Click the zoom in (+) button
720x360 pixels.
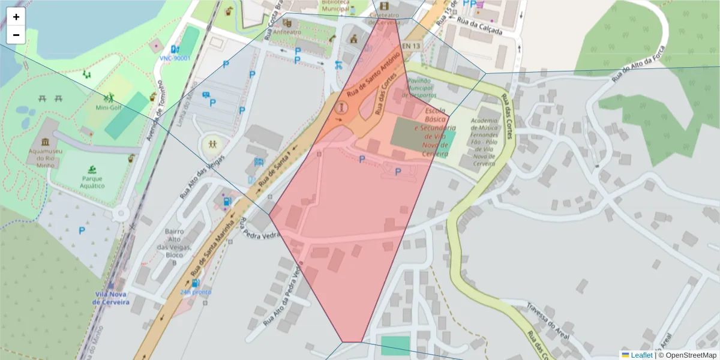point(16,17)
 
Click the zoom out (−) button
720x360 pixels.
point(16,35)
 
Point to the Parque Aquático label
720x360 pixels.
point(93,182)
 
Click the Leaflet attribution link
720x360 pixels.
point(641,355)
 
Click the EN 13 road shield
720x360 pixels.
point(411,46)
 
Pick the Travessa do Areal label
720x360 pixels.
point(548,320)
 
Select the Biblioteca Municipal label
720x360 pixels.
point(335,6)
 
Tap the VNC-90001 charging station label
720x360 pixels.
point(175,58)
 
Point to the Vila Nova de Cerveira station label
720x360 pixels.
point(111,298)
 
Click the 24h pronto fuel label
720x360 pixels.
point(196,292)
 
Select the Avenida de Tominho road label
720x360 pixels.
point(155,112)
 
